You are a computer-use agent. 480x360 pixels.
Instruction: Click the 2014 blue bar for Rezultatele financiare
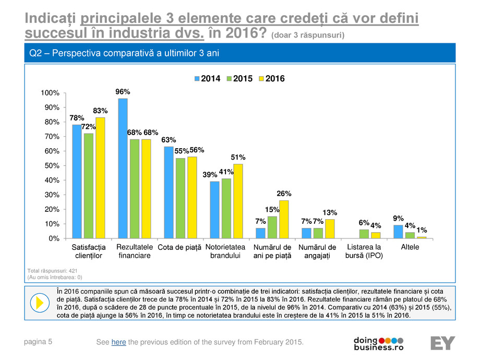click(123, 168)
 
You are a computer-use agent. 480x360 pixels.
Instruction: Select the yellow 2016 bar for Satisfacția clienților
click(100, 178)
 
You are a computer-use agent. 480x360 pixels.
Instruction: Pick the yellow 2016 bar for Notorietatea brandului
click(238, 201)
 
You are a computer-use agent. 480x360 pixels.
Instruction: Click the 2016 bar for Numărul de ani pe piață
click(284, 220)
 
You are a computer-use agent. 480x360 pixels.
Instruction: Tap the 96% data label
click(123, 92)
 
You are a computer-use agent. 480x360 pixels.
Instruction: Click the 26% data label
click(284, 194)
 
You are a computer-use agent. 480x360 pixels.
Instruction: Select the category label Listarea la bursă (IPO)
click(364, 251)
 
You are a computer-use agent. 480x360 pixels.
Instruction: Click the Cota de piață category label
click(179, 247)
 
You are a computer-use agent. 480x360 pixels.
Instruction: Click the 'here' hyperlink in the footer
click(119, 342)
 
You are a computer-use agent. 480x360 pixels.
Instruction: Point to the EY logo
click(442, 343)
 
